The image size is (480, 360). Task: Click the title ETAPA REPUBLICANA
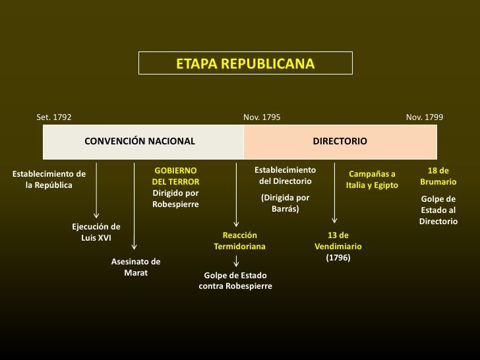coord(245,64)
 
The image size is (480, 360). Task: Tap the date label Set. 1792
coord(54,117)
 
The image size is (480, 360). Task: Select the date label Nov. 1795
coord(262,117)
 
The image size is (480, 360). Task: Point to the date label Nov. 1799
coord(425,117)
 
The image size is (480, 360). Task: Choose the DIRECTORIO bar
coord(340,141)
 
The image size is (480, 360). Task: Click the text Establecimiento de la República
coord(49,179)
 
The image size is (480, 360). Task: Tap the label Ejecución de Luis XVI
coord(96,232)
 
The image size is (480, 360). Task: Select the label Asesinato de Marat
coord(136,267)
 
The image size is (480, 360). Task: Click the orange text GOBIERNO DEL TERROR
coord(175,176)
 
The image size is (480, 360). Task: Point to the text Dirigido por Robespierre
coord(175,198)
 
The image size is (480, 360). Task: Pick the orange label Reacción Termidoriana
coord(239,241)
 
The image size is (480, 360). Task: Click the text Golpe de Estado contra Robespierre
coord(235,281)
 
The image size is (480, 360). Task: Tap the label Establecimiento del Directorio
coord(285,175)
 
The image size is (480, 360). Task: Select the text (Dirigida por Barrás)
coord(285,203)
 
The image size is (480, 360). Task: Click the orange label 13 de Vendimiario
coord(338,241)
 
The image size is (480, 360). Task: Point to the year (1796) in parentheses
coord(338,258)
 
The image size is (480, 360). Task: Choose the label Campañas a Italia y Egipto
coord(372,179)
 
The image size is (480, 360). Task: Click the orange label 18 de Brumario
coord(438,176)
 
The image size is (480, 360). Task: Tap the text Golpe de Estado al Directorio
coord(438,210)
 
